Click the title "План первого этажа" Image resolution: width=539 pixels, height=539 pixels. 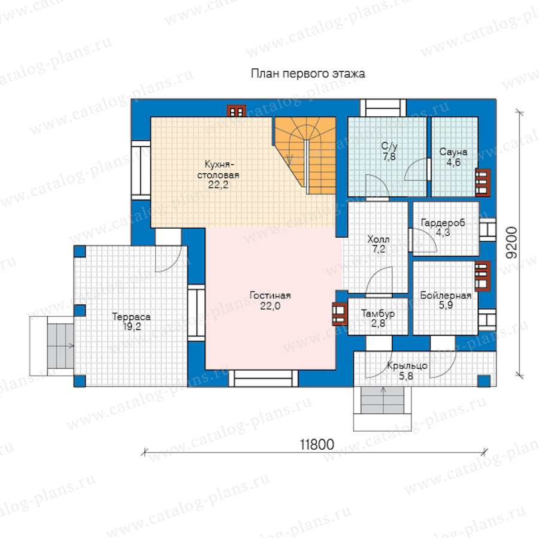[x=308, y=74]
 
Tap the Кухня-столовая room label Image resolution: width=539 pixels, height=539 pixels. [x=218, y=175]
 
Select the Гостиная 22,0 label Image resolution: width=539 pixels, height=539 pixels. [x=270, y=301]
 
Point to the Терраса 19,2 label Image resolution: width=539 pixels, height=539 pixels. [x=131, y=322]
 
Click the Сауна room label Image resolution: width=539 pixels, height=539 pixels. [x=453, y=157]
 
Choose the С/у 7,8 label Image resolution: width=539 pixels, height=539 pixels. [x=389, y=152]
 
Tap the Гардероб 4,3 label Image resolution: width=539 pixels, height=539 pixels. [x=443, y=228]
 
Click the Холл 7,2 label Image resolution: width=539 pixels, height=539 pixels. [x=378, y=244]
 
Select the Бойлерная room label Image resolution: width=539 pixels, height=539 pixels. [x=446, y=300]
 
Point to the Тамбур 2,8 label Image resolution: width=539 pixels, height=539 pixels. [x=378, y=319]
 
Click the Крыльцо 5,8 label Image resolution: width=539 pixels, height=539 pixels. [x=407, y=371]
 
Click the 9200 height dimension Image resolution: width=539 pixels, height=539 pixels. [x=512, y=243]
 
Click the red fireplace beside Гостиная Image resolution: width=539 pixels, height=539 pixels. [x=340, y=313]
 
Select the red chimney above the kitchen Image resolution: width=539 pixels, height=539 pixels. [x=237, y=111]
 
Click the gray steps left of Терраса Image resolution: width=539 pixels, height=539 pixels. [x=60, y=346]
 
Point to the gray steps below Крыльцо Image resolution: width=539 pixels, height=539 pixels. [x=382, y=401]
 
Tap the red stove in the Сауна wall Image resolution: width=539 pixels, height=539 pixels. [x=483, y=183]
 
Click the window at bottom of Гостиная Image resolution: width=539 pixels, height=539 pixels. [x=264, y=378]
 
